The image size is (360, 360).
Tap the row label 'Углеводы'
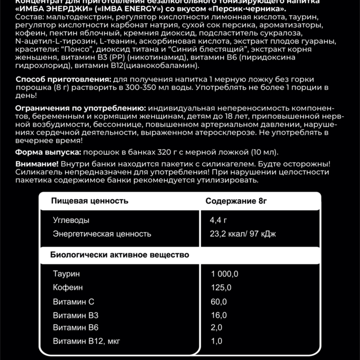pos(71,220)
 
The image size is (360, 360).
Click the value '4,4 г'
pos(218,220)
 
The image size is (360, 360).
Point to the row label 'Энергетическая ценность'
pos(102,234)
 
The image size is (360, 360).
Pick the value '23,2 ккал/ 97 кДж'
pos(243,234)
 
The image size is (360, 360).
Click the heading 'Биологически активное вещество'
pos(120,254)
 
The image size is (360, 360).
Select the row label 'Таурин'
pos(67,274)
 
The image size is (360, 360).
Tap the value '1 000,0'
pos(225,274)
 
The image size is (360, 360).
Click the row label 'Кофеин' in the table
pos(68,288)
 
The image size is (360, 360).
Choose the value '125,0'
pos(221,288)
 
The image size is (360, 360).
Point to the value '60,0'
pos(218,302)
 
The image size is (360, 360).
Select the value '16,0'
pos(218,315)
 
